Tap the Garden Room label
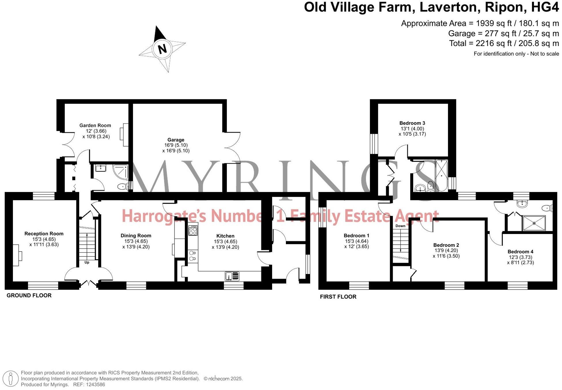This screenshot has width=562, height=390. pos(95,125)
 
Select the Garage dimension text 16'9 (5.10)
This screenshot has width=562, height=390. pos(176,145)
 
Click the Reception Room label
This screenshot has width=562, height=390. pos(44,234)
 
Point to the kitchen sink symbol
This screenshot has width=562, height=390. pos(232,276)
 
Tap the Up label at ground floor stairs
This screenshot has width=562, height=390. pos(87,262)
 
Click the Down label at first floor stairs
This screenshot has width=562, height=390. pos(400,226)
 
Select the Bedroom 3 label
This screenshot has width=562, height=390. pos(412,123)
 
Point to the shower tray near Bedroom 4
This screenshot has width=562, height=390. pos(534,223)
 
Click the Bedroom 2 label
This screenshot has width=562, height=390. pos(446,245)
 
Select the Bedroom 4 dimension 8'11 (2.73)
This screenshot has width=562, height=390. pos(520,262)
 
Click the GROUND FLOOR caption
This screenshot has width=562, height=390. pos(29,295)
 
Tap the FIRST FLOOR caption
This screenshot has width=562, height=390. pos(338,297)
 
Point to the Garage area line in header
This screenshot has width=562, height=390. pos(503,34)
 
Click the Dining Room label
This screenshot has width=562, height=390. pos(136,236)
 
